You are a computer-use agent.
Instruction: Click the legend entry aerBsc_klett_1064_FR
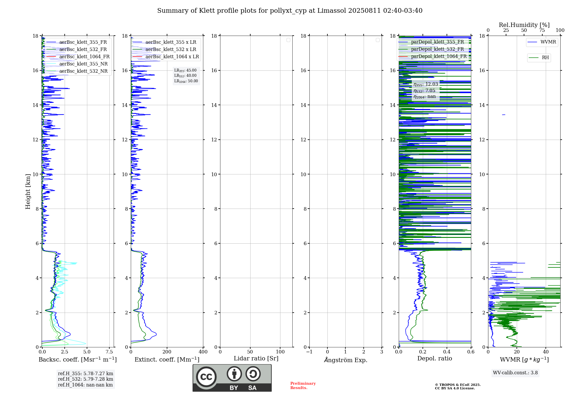[84, 57]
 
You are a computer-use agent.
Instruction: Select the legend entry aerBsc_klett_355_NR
[83, 64]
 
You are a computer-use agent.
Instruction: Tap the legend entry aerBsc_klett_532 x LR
[171, 50]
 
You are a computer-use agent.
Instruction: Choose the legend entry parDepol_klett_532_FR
[437, 49]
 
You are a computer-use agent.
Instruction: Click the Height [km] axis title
[28, 191]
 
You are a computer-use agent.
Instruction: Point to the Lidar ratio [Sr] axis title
[256, 359]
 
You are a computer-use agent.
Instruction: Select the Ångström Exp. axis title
[345, 360]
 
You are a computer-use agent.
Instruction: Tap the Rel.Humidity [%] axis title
[524, 25]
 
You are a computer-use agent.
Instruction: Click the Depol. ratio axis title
[434, 359]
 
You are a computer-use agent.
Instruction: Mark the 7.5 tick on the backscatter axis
[109, 352]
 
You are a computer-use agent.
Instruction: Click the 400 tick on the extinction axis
[203, 352]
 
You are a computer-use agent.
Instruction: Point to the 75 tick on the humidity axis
[542, 30]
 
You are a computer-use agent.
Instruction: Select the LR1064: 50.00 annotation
[186, 81]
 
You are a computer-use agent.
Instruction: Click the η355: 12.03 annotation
[425, 85]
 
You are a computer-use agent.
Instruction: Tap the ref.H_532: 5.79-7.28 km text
[85, 379]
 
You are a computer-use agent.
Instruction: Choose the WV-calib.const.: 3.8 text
[515, 373]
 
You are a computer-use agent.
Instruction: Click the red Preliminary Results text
[303, 386]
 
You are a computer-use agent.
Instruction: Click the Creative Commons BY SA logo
[232, 378]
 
